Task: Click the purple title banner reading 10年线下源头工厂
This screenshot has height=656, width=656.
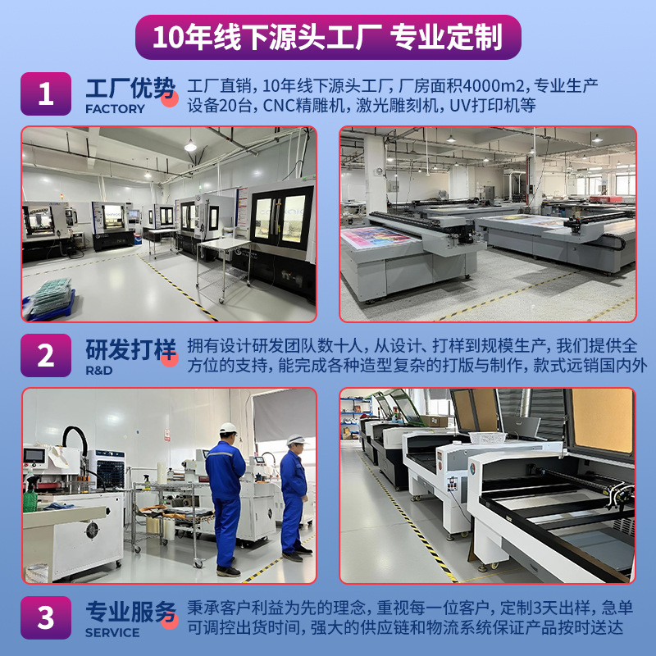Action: coord(328,37)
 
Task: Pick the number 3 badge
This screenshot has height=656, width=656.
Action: coord(46,617)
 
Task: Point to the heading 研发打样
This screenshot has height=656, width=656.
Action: coord(130,349)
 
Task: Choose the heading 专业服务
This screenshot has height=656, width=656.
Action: coord(130,612)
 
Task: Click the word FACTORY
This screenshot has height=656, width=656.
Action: coord(115,109)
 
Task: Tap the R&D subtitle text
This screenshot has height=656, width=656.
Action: coord(98,371)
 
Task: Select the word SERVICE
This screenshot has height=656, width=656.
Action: coord(112,632)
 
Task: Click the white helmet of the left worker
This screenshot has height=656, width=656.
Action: coord(228,428)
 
